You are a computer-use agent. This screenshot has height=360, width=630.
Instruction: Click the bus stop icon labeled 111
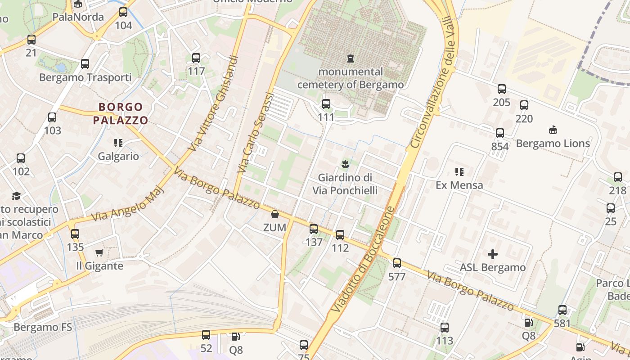(326, 104)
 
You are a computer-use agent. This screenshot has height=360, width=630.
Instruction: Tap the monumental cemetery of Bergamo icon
(350, 58)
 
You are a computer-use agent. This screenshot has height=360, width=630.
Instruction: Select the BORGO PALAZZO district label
(120, 113)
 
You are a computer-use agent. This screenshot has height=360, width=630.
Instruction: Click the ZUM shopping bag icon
(274, 214)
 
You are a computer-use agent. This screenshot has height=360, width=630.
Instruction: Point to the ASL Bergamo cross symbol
(493, 254)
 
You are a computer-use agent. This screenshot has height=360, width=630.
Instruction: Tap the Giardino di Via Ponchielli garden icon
(345, 163)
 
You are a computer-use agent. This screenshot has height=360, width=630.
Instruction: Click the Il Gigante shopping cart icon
(99, 252)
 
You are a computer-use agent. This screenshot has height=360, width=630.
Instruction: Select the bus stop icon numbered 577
(396, 263)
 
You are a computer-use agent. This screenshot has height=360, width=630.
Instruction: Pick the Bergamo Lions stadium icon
(553, 130)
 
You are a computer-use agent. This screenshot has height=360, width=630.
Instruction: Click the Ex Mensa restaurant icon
(459, 171)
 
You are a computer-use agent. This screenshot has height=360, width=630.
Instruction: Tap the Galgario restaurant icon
(118, 143)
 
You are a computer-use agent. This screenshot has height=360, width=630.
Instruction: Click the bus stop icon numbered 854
(500, 133)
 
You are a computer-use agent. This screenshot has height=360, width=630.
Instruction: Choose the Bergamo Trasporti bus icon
(85, 64)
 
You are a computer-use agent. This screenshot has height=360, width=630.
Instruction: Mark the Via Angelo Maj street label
(128, 205)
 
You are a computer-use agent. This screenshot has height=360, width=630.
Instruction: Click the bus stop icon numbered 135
(75, 234)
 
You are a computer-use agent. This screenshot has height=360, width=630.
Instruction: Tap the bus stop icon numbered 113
(445, 328)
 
